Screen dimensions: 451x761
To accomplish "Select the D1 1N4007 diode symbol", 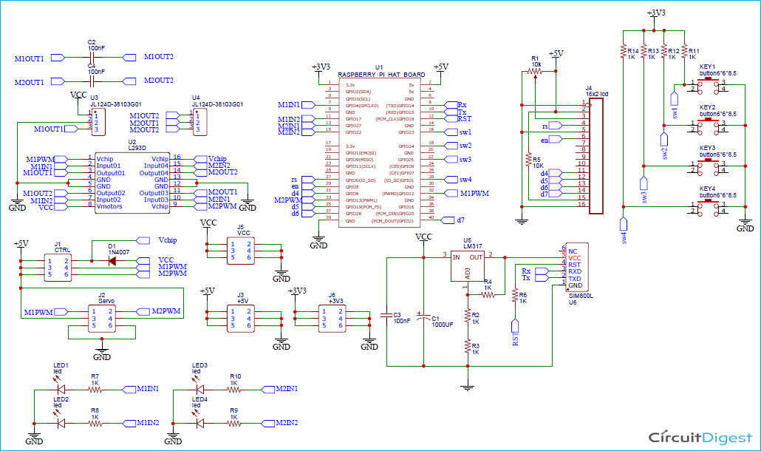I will (x=112, y=260).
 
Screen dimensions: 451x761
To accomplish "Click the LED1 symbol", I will (x=61, y=388).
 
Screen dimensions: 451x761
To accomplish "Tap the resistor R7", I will (x=95, y=389).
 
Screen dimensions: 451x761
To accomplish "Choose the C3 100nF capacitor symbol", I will (x=386, y=315).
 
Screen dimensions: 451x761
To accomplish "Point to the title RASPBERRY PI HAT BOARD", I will (x=380, y=75).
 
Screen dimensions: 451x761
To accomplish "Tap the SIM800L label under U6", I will (x=576, y=295).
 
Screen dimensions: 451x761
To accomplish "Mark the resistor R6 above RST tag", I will (x=514, y=295).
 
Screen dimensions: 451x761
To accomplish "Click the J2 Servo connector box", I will (x=101, y=318).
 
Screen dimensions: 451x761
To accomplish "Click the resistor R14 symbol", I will (x=623, y=52).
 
